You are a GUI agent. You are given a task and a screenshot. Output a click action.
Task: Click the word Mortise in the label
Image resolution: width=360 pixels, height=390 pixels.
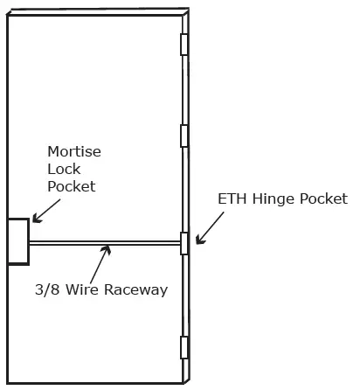point(74,152)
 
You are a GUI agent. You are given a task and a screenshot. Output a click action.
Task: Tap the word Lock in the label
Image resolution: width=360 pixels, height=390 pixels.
point(63,170)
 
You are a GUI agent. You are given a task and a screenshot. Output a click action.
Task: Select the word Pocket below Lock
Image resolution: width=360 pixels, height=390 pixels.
point(71,186)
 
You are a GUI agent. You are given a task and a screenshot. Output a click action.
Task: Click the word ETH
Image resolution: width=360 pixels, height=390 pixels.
point(233,199)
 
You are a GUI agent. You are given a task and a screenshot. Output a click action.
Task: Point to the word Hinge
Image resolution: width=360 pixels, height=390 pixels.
point(273,200)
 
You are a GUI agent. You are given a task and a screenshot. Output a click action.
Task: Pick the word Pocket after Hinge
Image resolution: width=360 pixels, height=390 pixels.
point(322,199)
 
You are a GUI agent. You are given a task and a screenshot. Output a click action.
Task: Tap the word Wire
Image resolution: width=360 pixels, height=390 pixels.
point(89,289)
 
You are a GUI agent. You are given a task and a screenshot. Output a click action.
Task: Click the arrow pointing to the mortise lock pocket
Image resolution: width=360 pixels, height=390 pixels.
point(45,209)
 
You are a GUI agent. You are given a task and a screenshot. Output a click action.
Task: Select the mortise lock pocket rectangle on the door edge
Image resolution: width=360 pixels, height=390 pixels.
point(17,240)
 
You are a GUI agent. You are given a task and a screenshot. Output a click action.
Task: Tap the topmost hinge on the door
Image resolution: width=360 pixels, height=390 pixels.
point(183,45)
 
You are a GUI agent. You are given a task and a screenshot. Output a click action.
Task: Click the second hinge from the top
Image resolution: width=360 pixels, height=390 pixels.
point(183,136)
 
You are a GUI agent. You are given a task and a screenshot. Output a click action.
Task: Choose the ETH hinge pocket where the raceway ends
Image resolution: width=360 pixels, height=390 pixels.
point(184,243)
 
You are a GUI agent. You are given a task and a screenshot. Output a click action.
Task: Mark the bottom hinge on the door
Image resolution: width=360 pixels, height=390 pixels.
point(183,347)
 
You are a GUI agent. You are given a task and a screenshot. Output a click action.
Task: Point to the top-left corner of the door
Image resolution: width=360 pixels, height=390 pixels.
point(8,17)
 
